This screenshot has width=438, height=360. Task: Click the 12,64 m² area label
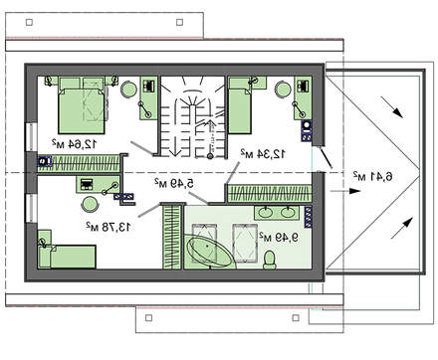coord(75,143)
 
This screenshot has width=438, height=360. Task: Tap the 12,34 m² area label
coord(263,153)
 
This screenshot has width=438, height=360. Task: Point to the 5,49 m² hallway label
coord(173,183)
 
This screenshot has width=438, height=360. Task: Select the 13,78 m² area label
coord(109,227)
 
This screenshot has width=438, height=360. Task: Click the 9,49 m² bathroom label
coord(279,237)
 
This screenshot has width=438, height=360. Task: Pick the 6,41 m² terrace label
coord(372,176)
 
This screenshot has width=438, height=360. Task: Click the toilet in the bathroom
coord(270,260)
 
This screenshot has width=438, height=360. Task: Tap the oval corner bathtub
coord(208,252)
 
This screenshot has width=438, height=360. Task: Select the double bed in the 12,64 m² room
coord(82,105)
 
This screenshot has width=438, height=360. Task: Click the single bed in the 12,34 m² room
coord(240,105)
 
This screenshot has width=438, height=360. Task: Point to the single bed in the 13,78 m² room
coord(67,257)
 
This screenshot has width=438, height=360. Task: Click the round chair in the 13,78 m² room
coord(90,204)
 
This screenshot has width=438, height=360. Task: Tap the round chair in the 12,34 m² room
coord(283,90)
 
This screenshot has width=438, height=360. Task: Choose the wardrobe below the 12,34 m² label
coord(270,193)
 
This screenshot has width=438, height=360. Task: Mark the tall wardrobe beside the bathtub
coord(172,237)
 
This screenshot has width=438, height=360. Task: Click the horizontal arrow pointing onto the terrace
coord(345,191)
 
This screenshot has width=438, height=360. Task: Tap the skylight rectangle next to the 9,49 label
coord(245,243)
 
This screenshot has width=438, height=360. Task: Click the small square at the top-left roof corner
coord(29,22)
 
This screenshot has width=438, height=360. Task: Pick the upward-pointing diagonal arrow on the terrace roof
coord(402,228)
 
